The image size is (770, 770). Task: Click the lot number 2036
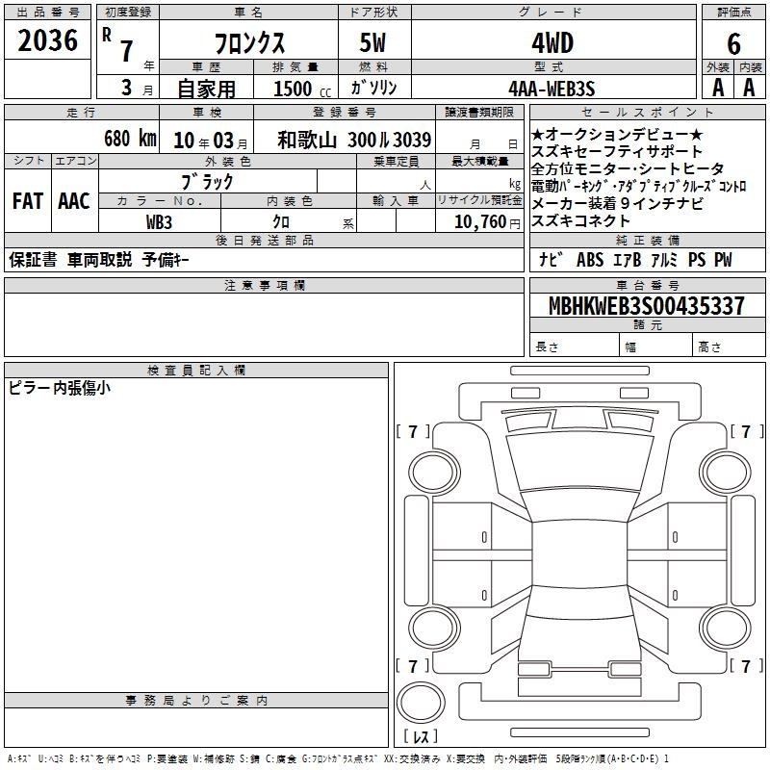(x=47, y=40)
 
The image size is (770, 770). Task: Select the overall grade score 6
(x=733, y=43)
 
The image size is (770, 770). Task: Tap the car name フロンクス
(x=249, y=43)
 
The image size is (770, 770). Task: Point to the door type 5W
(x=372, y=42)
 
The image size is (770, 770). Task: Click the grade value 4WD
(x=552, y=43)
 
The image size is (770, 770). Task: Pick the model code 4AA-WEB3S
(x=552, y=89)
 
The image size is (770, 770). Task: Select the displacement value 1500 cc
(x=302, y=89)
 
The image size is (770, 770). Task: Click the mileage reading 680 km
(x=130, y=139)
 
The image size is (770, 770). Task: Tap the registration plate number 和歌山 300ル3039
(x=354, y=140)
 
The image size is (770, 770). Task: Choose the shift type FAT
(x=28, y=201)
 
